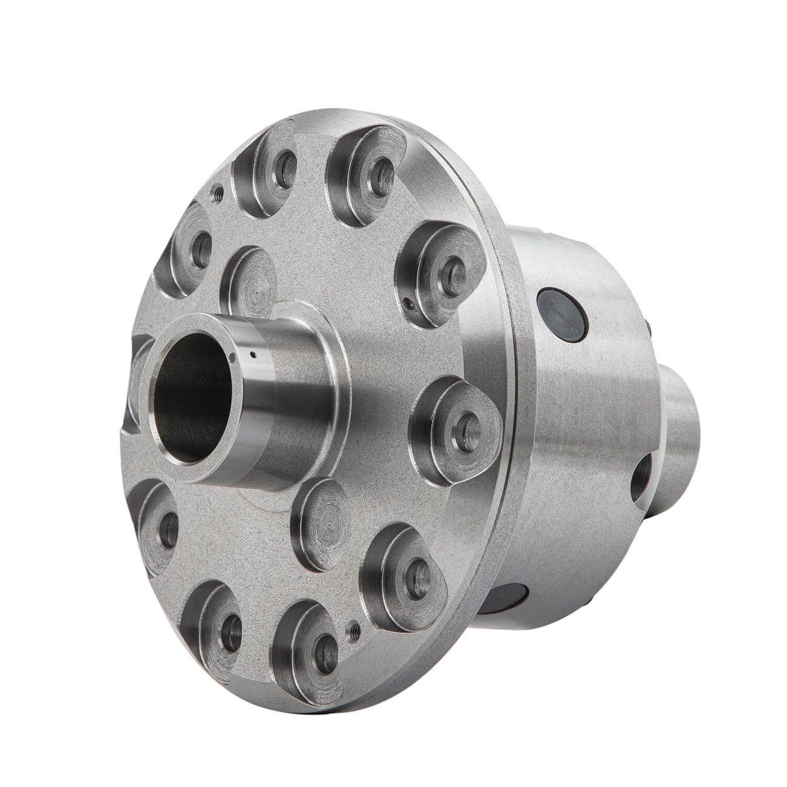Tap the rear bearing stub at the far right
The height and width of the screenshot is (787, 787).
click(681, 415)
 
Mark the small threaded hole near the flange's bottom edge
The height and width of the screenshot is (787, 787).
click(354, 628)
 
